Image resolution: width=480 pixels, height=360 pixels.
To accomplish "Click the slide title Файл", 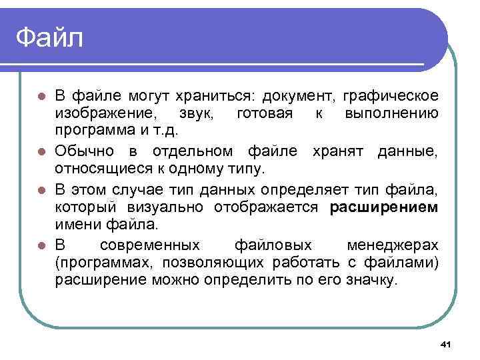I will [x=50, y=37].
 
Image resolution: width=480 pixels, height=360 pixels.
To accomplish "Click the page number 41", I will [x=447, y=344].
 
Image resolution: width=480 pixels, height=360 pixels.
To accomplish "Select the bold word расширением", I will [x=384, y=207].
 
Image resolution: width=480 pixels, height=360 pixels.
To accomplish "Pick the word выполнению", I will [x=392, y=113].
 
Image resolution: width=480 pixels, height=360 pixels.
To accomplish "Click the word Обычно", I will [x=89, y=151].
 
